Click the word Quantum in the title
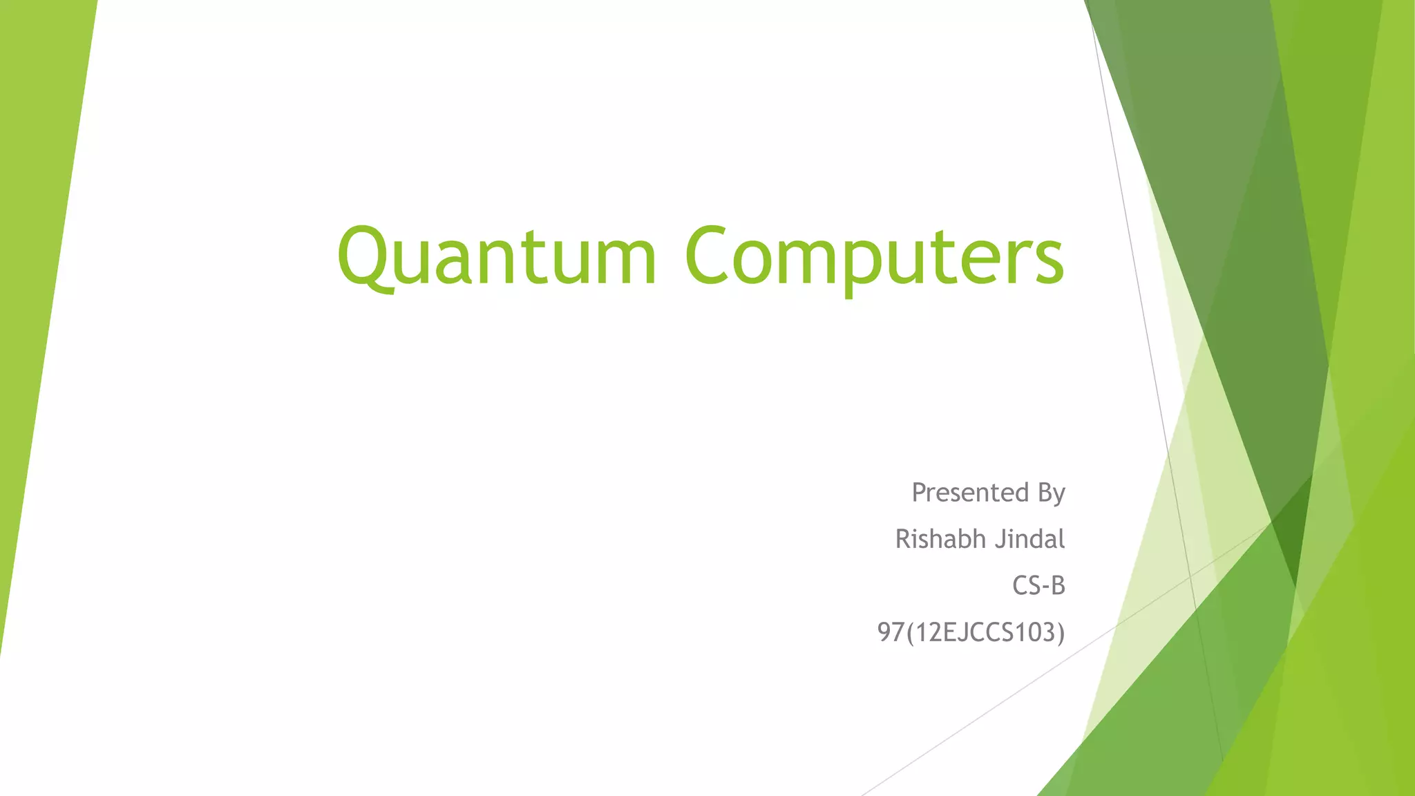point(496,256)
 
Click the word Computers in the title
point(874,256)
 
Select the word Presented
point(970,493)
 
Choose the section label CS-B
point(1038,586)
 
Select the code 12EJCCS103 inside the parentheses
point(982,632)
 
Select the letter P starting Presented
point(920,493)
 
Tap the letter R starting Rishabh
point(904,539)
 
